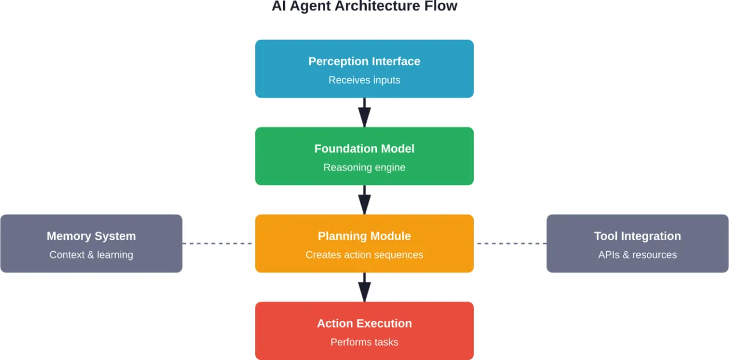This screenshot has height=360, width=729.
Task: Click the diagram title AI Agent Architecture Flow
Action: click(364, 7)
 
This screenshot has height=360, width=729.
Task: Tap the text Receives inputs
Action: click(364, 80)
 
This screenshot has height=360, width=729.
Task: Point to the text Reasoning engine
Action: click(364, 167)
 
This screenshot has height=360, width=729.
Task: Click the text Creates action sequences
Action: click(364, 255)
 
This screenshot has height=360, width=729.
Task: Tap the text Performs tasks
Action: click(364, 342)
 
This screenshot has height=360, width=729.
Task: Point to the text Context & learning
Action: click(91, 255)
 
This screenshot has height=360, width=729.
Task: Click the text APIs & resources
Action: click(637, 255)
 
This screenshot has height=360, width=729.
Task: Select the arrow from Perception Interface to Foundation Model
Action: click(364, 112)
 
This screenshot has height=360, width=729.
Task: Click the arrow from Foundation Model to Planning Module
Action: click(364, 199)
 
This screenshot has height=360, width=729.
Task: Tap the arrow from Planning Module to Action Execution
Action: click(364, 287)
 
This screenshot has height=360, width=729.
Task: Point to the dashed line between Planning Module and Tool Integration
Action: click(510, 244)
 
